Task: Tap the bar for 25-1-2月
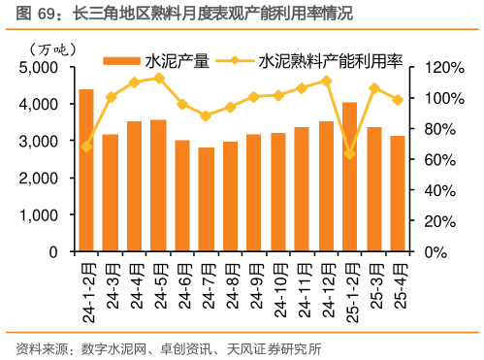point(349,177)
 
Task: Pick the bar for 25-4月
point(398,194)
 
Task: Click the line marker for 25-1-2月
point(349,154)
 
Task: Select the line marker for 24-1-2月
point(86,147)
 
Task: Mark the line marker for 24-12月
point(326,81)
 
